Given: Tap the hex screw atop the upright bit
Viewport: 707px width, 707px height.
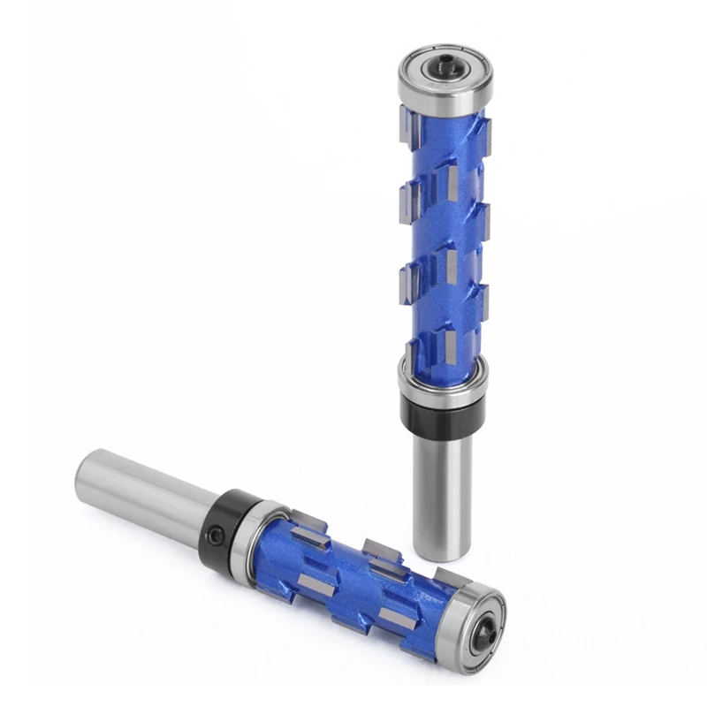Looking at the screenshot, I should pyautogui.click(x=443, y=65).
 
